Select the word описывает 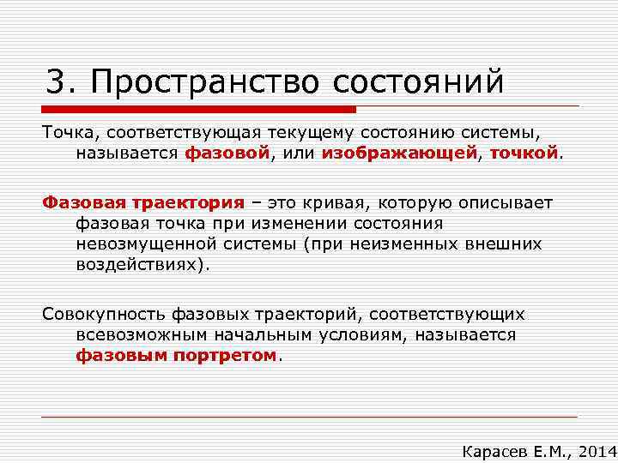tap(510, 203)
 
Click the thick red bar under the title tap(198, 110)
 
